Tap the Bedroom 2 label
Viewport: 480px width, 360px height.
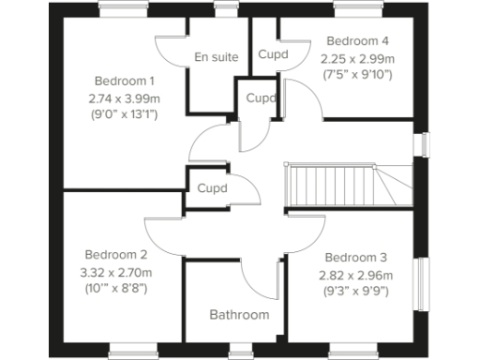[116, 254]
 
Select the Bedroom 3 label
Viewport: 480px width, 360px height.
[355, 257]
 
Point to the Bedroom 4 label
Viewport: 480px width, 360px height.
[356, 41]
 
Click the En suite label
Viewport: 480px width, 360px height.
[216, 57]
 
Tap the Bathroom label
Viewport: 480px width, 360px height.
[239, 315]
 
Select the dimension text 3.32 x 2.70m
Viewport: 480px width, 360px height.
[117, 272]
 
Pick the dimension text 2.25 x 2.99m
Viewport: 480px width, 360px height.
[357, 58]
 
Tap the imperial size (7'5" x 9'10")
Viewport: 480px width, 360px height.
[356, 75]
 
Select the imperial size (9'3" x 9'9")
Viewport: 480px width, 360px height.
[355, 291]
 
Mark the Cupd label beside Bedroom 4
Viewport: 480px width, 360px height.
[273, 53]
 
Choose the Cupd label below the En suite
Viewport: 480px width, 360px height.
[261, 97]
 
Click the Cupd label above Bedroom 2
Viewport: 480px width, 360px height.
[212, 188]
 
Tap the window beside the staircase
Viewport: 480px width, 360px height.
[425, 144]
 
